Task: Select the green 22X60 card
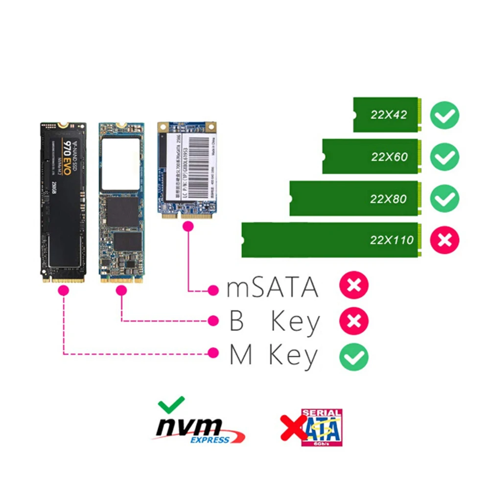click(x=371, y=157)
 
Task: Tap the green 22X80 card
click(x=354, y=199)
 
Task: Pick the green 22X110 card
click(x=330, y=240)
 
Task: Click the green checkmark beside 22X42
click(x=444, y=116)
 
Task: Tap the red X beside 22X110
click(x=444, y=240)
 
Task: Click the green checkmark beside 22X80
click(x=444, y=199)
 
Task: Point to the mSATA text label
click(x=272, y=288)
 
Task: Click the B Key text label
click(x=274, y=322)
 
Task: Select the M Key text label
click(x=274, y=355)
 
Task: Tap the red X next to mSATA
click(x=354, y=287)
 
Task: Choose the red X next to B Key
click(x=354, y=321)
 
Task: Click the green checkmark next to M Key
click(x=354, y=356)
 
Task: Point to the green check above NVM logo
click(x=171, y=403)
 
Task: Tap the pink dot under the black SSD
click(x=63, y=290)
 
